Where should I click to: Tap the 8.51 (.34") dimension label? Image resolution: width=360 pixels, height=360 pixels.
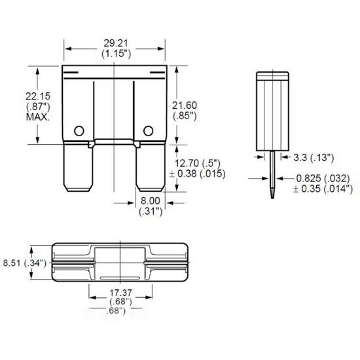23,262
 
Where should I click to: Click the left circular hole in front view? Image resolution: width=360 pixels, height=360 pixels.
79,130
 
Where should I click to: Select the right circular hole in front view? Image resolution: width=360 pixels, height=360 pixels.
149,130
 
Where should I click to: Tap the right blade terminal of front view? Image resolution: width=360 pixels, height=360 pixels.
148,167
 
